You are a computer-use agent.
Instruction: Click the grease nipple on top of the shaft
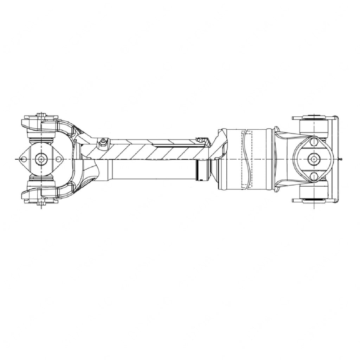pyautogui.click(x=102, y=141)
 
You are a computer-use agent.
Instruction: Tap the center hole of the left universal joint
pyautogui.click(x=41, y=159)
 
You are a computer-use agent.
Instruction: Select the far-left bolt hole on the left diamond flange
pyautogui.click(x=23, y=159)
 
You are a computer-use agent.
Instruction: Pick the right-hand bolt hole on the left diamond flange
pyautogui.click(x=59, y=159)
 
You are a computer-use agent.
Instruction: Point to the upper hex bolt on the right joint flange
pyautogui.click(x=313, y=142)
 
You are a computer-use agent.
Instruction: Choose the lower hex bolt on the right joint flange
pyautogui.click(x=313, y=177)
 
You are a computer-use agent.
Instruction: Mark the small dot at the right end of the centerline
pyautogui.click(x=341, y=159)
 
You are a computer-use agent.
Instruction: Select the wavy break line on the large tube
pyautogui.click(x=249, y=159)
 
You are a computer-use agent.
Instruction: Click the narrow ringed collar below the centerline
pyautogui.click(x=202, y=171)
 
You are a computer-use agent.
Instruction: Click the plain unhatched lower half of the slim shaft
pyautogui.click(x=151, y=169)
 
